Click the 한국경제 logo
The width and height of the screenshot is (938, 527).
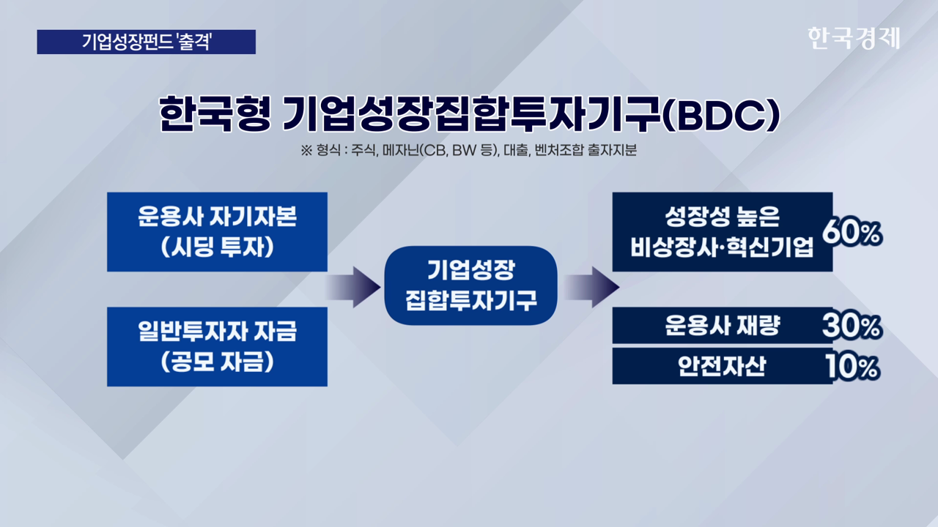pos(854,38)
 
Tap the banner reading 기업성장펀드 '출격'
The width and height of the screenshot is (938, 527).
pos(146,42)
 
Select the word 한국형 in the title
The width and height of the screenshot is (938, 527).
pos(215,113)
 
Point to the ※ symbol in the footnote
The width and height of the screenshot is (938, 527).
pos(306,151)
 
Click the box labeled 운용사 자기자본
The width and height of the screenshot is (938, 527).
pos(218,232)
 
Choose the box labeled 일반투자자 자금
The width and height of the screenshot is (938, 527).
pos(218,347)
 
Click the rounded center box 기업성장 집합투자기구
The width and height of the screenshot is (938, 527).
pos(470,285)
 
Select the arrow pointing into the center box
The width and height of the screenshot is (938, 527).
pos(352,287)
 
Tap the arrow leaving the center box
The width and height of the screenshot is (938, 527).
pos(591,287)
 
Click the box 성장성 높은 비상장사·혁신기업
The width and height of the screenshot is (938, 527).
pos(723,232)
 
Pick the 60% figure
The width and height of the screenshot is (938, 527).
pos(852,232)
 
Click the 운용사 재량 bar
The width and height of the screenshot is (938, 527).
pos(723,326)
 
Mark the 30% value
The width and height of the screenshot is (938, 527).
pos(852,326)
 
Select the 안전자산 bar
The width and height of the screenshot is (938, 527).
pos(723,366)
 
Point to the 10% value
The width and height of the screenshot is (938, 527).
pos(852,367)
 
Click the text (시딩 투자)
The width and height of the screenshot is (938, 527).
pos(218,247)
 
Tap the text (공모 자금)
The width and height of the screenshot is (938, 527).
pos(218,362)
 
